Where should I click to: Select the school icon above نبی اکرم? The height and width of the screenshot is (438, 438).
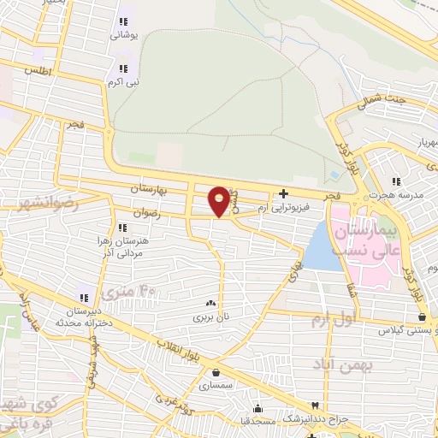point(123,68)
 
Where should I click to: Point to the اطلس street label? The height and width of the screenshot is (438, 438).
point(39,71)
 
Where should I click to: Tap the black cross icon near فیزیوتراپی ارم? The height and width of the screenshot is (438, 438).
point(284,193)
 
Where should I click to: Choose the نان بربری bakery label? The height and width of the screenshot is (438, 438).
point(210,317)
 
